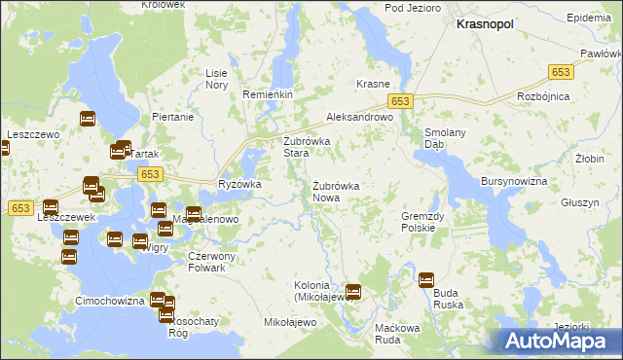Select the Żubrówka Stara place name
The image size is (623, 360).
click(x=307, y=147)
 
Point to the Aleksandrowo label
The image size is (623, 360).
click(x=358, y=116)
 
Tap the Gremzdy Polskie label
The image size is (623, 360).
click(x=423, y=222)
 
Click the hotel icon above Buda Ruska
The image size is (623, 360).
click(x=426, y=280)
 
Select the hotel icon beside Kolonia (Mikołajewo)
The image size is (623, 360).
click(x=353, y=290)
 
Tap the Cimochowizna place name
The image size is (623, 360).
click(x=111, y=301)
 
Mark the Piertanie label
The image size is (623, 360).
click(x=173, y=117)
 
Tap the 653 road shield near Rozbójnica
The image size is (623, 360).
click(x=560, y=72)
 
